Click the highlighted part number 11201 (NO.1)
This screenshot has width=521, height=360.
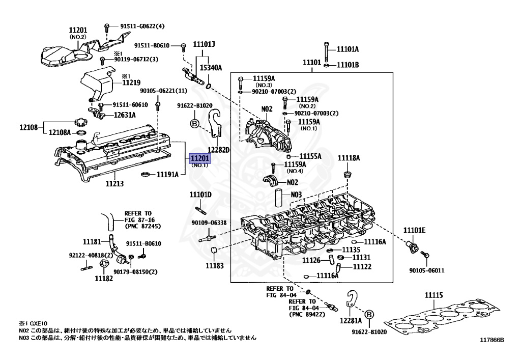click(199, 158)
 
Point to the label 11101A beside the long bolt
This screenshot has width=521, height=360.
click(348, 49)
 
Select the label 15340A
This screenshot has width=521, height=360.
click(210, 67)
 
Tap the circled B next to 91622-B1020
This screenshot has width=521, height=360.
click(193, 123)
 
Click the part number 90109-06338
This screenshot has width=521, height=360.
click(209, 223)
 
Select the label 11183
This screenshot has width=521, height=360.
click(214, 265)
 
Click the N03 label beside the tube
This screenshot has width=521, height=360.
click(296, 194)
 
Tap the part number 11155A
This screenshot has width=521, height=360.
click(310, 156)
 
